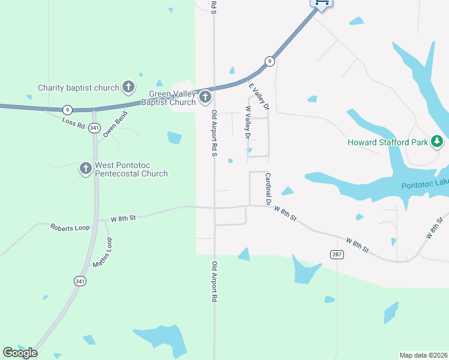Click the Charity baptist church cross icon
[128, 88]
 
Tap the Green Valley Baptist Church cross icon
[205, 97]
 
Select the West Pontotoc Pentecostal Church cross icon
[85, 168]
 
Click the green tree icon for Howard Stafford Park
[438, 142]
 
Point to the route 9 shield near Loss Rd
[68, 109]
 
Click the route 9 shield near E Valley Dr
[270, 61]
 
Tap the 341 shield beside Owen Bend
[94, 128]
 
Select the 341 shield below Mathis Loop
[80, 280]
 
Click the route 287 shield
[337, 255]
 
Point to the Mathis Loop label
[103, 253]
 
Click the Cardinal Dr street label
[268, 188]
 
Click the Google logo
[20, 353]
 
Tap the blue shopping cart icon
[321, 3]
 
